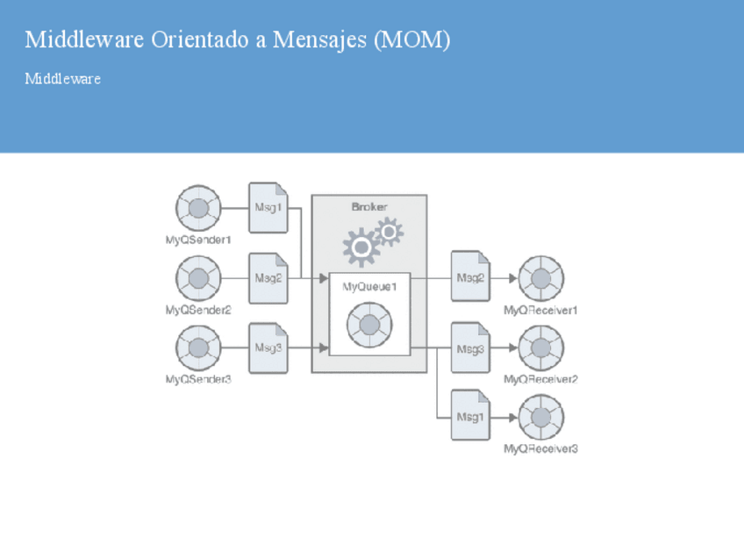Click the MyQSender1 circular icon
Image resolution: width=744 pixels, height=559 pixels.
(198, 208)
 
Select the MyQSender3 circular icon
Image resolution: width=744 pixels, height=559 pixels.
(198, 348)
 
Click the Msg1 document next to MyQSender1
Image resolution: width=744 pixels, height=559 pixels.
(268, 208)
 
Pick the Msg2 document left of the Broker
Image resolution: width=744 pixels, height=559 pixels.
(268, 277)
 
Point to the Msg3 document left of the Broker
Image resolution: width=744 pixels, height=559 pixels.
(268, 348)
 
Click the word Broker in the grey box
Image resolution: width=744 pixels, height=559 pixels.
(369, 207)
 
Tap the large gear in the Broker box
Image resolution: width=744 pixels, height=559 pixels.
(361, 247)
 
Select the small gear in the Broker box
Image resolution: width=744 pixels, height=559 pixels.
(389, 232)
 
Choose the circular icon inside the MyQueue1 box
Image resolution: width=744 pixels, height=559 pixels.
(369, 326)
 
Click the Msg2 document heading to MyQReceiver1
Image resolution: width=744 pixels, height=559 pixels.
(470, 277)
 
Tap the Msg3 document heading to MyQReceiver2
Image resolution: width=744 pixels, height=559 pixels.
(470, 348)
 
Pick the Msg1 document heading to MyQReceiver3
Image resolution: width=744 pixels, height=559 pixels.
(470, 418)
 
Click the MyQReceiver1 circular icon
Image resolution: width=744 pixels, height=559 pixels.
(540, 279)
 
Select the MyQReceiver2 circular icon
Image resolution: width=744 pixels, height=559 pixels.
(540, 348)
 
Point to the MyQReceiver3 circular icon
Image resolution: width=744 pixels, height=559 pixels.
(540, 418)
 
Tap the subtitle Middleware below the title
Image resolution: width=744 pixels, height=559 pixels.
(62, 79)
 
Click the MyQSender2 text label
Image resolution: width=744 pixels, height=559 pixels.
(198, 310)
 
